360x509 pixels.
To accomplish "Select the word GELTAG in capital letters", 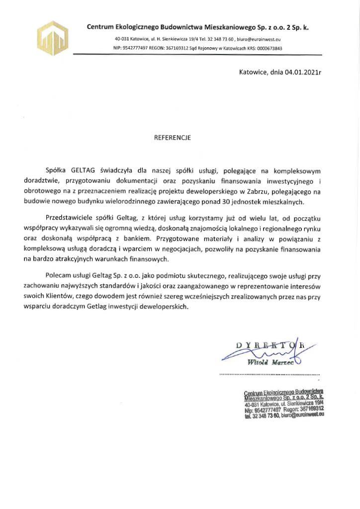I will pos(84,170).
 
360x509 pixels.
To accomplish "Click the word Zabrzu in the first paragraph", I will pos(260,192).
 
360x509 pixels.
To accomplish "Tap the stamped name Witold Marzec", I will pos(270,361).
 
